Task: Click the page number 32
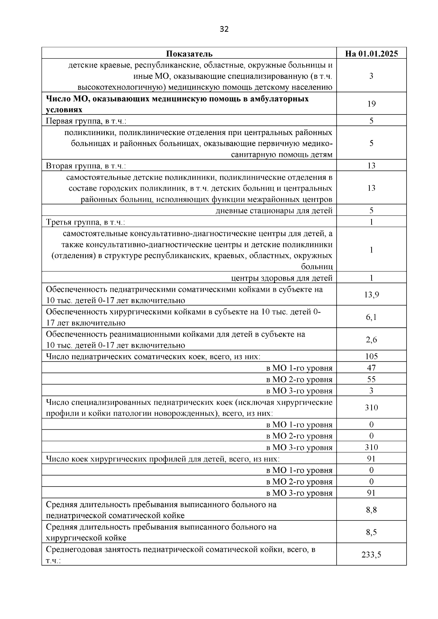224,29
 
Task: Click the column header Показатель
189,54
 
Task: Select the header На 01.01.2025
371,54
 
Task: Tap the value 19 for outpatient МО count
371,104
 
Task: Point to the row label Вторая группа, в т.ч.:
86,166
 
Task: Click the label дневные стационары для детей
274,210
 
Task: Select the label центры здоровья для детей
282,278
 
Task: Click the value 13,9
371,295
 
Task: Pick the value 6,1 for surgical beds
371,317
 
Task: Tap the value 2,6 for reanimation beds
371,340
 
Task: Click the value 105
371,356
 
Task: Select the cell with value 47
371,368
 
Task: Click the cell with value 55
371,379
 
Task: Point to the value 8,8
371,510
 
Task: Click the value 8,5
371,533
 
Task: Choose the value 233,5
371,555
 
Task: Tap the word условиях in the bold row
64,110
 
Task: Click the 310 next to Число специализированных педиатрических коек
371,407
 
